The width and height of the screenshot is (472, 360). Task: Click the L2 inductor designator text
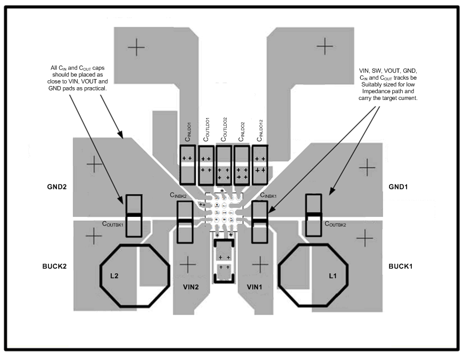coord(114,276)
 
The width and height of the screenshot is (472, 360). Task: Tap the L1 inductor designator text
coord(333,276)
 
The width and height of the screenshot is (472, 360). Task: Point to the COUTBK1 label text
coord(113,225)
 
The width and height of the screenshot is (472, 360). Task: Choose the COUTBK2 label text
coord(335,225)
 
